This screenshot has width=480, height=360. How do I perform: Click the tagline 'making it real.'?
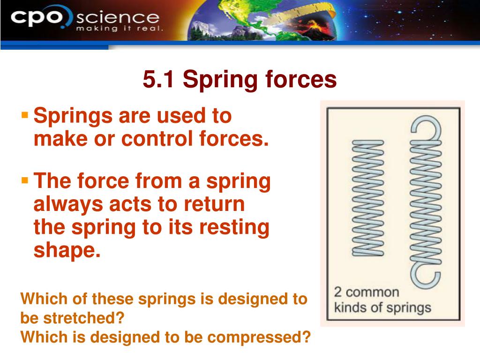click(120, 29)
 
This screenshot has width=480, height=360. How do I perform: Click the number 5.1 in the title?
click(159, 80)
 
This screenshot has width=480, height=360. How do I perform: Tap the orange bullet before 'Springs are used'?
click(25, 114)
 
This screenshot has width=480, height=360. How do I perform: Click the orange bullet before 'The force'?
click(25, 180)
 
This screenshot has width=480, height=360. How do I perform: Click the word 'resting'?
click(234, 228)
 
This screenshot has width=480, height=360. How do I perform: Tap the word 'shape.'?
click(67, 251)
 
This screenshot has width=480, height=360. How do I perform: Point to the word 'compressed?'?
click(253, 336)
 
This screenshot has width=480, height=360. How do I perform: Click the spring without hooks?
click(368, 197)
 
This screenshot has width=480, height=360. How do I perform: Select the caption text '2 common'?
click(366, 292)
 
